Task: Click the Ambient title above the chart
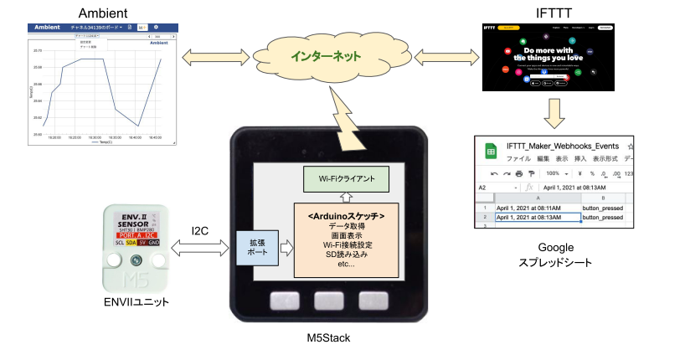coord(102,13)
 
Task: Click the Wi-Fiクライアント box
coord(345,178)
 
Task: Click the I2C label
coord(200,230)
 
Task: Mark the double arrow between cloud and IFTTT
coord(441,57)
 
